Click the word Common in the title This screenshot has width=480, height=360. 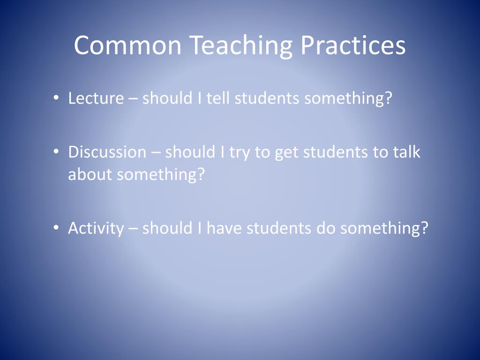tap(127, 45)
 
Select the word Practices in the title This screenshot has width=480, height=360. tap(353, 45)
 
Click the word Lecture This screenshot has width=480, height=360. tap(96, 98)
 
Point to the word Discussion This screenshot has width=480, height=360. tap(107, 152)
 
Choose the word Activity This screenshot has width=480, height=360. tap(96, 228)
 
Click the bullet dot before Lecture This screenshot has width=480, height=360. tap(56, 99)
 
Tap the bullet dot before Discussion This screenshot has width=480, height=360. tap(56, 152)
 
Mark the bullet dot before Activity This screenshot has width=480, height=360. tap(56, 228)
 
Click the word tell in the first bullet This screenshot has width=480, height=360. tap(218, 98)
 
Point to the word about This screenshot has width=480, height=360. tap(90, 174)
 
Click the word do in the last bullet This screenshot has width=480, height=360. tap(326, 228)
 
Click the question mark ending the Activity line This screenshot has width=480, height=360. tap(424, 228)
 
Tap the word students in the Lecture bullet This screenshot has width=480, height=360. tap(267, 98)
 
